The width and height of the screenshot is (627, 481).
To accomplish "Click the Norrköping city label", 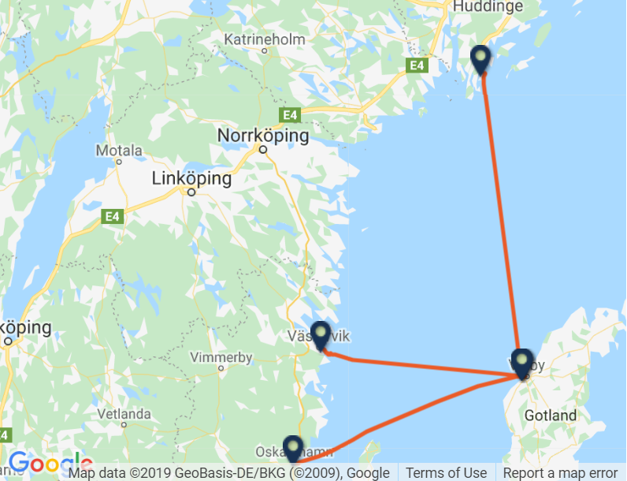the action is click(x=263, y=136).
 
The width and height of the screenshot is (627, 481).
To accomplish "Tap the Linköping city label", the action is click(x=192, y=179).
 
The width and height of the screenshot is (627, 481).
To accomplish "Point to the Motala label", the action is click(x=119, y=150).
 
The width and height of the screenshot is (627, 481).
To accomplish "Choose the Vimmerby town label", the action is click(x=221, y=357).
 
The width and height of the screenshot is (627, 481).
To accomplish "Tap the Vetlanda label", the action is click(x=124, y=413).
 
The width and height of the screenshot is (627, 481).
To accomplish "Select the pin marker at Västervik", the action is click(x=321, y=335).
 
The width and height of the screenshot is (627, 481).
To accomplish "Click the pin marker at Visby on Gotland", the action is click(x=521, y=362).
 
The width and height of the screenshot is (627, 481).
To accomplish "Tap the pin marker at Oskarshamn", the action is click(x=293, y=448).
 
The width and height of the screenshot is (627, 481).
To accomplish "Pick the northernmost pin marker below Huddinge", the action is click(x=480, y=59).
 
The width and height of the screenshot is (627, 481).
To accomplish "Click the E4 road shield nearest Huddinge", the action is click(x=417, y=65).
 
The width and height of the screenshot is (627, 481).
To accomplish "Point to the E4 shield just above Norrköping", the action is click(x=291, y=115).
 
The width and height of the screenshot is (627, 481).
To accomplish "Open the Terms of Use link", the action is click(x=447, y=473).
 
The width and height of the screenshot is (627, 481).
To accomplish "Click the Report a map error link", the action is click(x=561, y=473).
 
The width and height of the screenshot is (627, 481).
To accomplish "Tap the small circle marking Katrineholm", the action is click(x=265, y=50).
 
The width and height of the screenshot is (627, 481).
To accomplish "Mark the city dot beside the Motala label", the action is click(x=119, y=161).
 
